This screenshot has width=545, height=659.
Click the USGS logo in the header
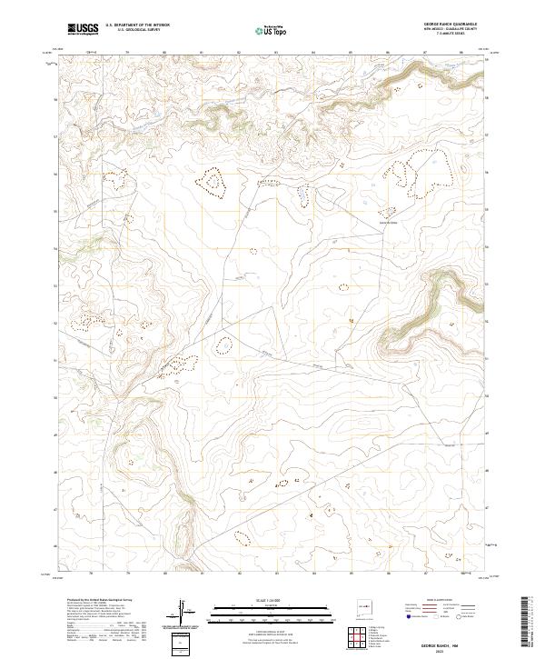(x=84, y=29)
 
